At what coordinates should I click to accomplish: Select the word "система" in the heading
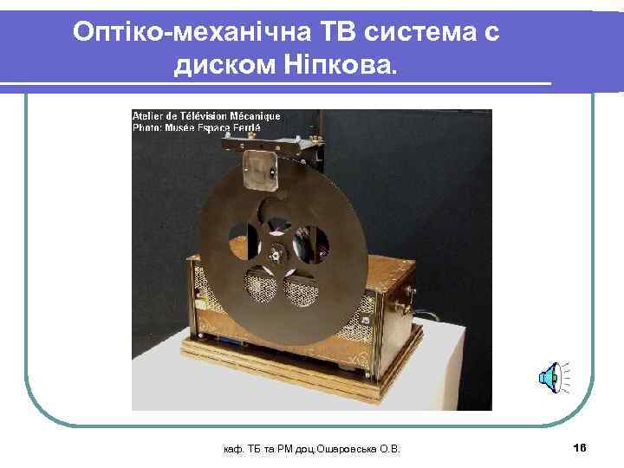coord(416,32)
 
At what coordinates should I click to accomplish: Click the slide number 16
coord(580,446)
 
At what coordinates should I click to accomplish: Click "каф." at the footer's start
coord(232,447)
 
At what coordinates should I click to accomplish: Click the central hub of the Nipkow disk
coord(276,252)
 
